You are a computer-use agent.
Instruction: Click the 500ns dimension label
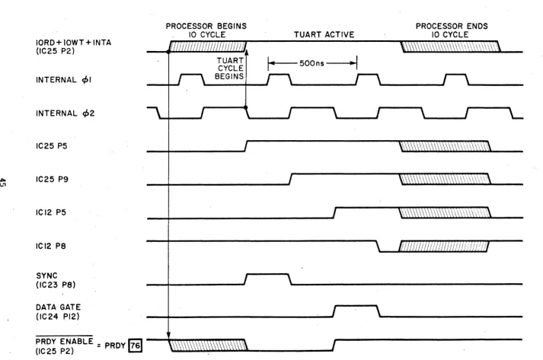pos(311,63)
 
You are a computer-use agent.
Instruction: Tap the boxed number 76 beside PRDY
pos(135,346)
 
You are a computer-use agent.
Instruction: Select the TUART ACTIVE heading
pos(324,34)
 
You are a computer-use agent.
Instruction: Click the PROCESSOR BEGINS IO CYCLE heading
pos(206,30)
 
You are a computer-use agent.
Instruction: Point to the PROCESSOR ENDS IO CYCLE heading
pos(452,30)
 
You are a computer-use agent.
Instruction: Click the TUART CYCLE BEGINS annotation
pos(229,68)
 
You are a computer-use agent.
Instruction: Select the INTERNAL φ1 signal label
pos(64,80)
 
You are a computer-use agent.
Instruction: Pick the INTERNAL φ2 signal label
pos(65,113)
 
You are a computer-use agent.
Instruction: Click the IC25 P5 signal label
pos(52,146)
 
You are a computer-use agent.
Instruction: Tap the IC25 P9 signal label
pos(52,180)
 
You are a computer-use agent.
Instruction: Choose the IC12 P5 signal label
pos(51,212)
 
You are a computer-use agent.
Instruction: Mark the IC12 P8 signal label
pos(51,246)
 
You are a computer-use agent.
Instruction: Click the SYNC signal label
pos(46,276)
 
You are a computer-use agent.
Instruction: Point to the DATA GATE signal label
pos(58,307)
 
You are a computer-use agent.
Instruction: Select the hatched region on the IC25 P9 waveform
pos(445,179)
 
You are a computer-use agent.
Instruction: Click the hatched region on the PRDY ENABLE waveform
pos(208,346)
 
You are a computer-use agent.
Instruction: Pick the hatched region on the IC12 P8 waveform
pos(443,246)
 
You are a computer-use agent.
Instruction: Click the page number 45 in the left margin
pos(3,183)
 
